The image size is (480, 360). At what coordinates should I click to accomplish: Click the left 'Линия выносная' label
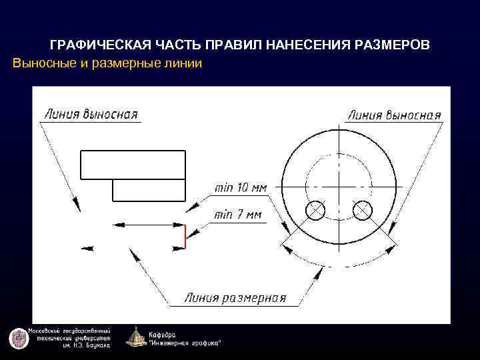click(x=91, y=113)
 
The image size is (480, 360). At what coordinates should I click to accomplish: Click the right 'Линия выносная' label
click(x=394, y=115)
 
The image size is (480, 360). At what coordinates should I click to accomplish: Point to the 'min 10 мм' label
click(x=241, y=188)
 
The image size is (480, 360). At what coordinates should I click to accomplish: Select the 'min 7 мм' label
click(x=238, y=215)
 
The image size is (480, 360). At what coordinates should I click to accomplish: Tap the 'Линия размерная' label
click(x=235, y=297)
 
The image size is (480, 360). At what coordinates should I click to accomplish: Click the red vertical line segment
click(x=185, y=236)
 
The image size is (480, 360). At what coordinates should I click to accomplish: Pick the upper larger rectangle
click(x=133, y=165)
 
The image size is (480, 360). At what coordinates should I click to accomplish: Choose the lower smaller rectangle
click(x=149, y=190)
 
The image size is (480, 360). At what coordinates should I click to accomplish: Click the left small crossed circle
click(x=315, y=211)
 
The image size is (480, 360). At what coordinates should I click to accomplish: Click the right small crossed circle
click(x=362, y=211)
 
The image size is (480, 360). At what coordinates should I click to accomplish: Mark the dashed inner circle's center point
click(x=339, y=186)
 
